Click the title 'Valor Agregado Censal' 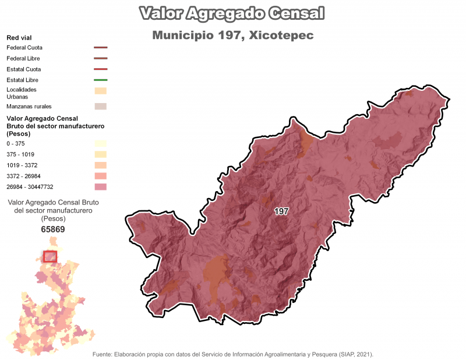click(x=232, y=13)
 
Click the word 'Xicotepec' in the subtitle click(x=281, y=36)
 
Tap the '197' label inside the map click(x=281, y=211)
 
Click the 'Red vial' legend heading click(x=19, y=37)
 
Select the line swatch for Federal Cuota click(x=100, y=48)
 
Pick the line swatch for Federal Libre click(x=100, y=58)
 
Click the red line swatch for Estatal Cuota click(x=100, y=69)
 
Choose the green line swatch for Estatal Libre click(x=100, y=79)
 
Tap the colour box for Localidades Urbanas click(x=100, y=90)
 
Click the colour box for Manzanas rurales click(x=100, y=106)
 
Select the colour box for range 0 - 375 click(x=100, y=143)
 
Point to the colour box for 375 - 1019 click(x=100, y=154)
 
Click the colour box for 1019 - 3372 click(x=100, y=165)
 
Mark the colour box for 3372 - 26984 click(x=100, y=176)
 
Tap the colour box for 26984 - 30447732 click(x=100, y=186)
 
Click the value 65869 click(x=52, y=230)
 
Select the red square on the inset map click(x=50, y=257)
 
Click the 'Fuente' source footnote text click(x=232, y=354)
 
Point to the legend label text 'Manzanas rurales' click(x=29, y=107)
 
